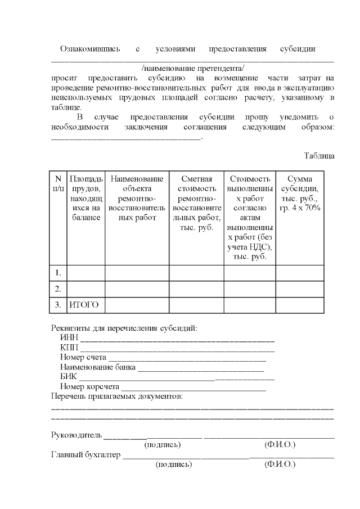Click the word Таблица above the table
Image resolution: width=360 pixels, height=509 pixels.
coord(319,156)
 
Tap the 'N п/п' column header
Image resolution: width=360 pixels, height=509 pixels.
coord(58,183)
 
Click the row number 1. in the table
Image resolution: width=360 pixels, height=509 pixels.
coord(58,273)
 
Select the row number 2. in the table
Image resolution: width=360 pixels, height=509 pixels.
coord(58,289)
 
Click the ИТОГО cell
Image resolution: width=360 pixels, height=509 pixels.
coord(84,305)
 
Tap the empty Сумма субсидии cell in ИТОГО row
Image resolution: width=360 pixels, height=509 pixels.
coord(299,305)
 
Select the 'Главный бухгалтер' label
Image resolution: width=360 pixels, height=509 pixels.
coord(85,455)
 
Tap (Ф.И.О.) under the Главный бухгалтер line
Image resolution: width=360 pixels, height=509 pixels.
coord(279,465)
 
